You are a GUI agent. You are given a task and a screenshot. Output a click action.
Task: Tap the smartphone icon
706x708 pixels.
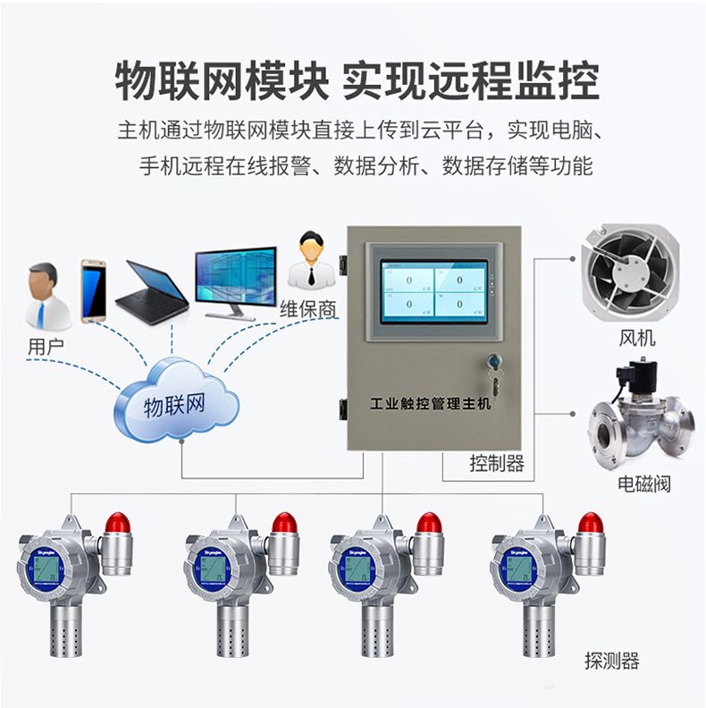pyautogui.click(x=93, y=291)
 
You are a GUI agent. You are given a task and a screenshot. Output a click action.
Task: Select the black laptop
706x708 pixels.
pyautogui.click(x=153, y=292)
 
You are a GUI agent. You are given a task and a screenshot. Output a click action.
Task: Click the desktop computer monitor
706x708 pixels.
pyautogui.click(x=236, y=278)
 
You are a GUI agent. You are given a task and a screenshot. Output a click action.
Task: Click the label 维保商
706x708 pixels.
pyautogui.click(x=308, y=310)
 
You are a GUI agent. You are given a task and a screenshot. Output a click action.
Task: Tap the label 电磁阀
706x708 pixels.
pyautogui.click(x=643, y=485)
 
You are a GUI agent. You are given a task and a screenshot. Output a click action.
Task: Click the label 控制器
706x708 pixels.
pyautogui.click(x=497, y=463)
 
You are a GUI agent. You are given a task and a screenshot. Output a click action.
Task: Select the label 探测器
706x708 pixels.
pyautogui.click(x=612, y=662)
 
